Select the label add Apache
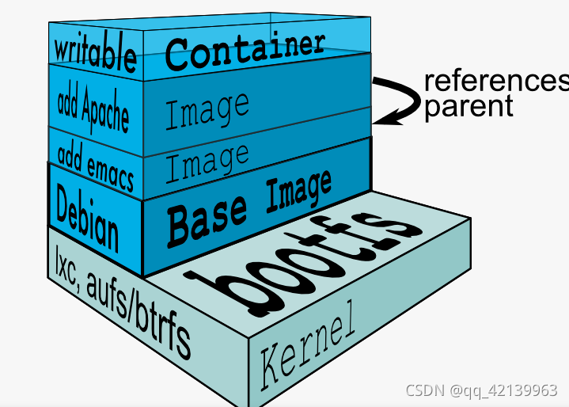(x=93, y=109)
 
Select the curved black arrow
(x=404, y=99)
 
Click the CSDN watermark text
(x=426, y=391)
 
